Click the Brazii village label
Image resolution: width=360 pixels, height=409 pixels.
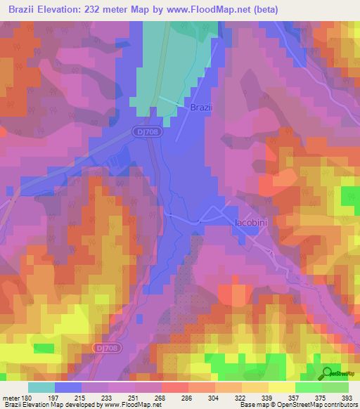(x=202, y=108)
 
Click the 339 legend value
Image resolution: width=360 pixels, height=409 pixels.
(x=268, y=397)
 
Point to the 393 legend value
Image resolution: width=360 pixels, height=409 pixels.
(x=347, y=397)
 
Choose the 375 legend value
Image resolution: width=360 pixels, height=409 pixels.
(x=321, y=397)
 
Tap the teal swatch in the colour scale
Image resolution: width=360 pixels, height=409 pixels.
(x=41, y=387)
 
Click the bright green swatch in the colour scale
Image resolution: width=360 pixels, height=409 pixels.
(x=308, y=387)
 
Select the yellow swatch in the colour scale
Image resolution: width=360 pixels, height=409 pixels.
(x=281, y=387)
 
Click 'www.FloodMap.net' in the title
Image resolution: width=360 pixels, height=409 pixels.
(x=218, y=10)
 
